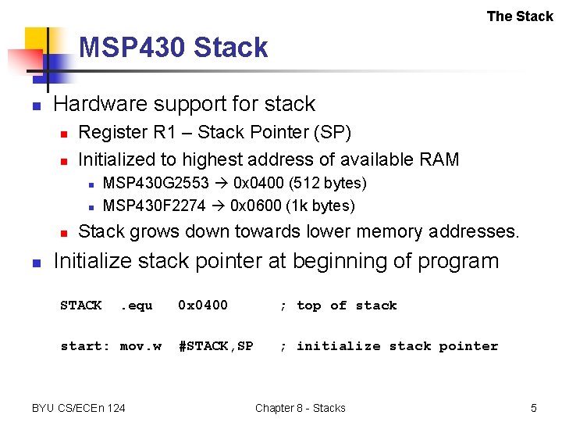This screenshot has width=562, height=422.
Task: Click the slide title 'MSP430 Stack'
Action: [x=173, y=48]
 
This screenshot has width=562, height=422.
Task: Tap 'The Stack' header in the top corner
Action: [x=519, y=16]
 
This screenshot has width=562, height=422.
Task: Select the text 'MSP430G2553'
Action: [x=155, y=184]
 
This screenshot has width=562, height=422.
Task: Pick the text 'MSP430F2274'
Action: [x=155, y=206]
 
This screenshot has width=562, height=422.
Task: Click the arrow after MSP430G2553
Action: [x=219, y=184]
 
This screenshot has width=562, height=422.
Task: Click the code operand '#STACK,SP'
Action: [x=215, y=346]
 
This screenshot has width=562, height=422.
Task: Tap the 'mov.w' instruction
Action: [x=140, y=346]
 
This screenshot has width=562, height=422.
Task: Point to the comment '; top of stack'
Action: [x=338, y=306]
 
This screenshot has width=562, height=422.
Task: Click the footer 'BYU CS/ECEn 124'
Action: [x=78, y=408]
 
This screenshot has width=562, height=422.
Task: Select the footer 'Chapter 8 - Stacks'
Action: [x=300, y=408]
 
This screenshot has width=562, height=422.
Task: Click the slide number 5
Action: [x=534, y=408]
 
